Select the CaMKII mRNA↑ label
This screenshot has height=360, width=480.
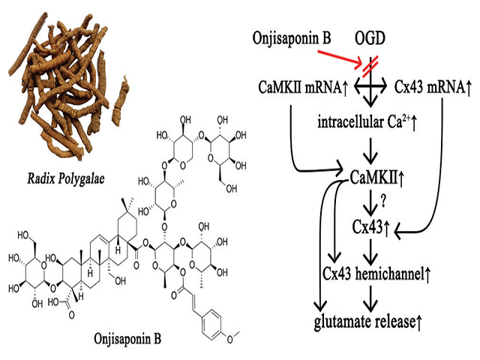point(299,88)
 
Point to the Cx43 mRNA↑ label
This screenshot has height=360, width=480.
point(433,88)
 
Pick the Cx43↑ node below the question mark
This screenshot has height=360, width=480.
point(372,225)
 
